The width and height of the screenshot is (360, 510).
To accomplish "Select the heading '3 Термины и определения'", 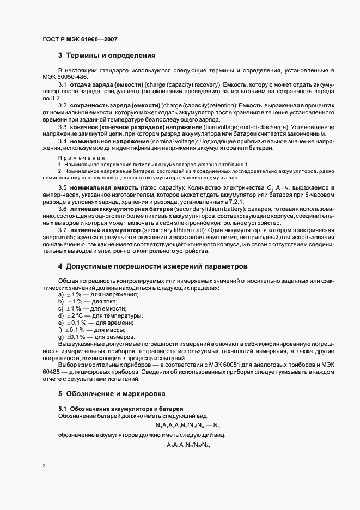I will (x=107, y=56).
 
